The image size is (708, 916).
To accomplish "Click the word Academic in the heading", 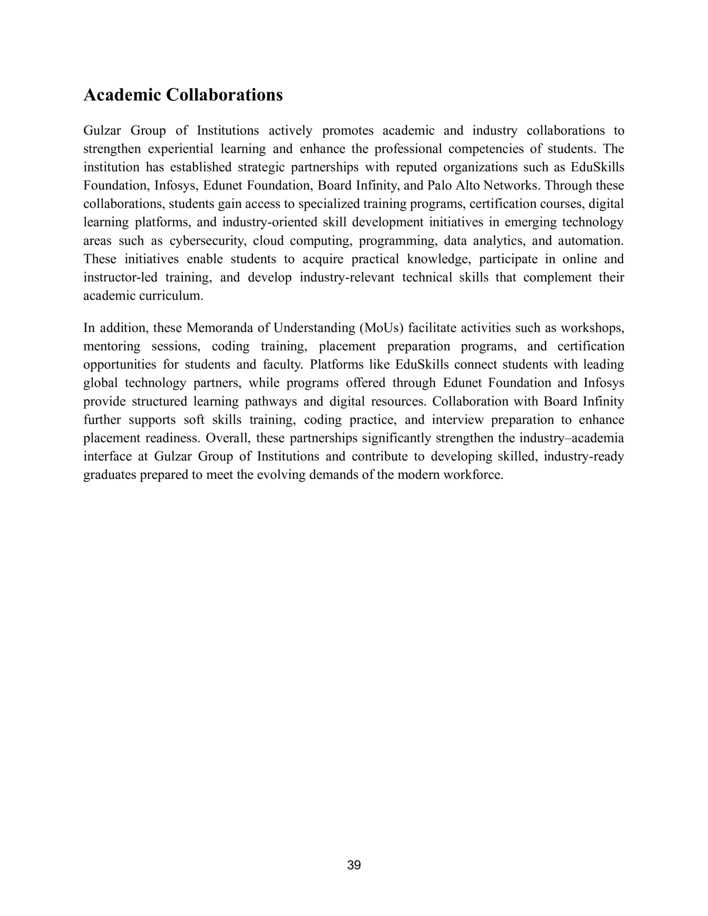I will (x=123, y=95).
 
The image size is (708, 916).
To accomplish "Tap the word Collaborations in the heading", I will (x=224, y=95).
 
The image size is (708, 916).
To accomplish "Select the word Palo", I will (x=441, y=186).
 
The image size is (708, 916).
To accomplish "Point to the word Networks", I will (x=511, y=186).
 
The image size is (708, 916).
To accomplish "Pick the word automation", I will (x=591, y=241).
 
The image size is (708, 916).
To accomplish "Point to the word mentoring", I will (x=112, y=346).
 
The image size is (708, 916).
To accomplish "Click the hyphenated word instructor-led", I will (x=120, y=278).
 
